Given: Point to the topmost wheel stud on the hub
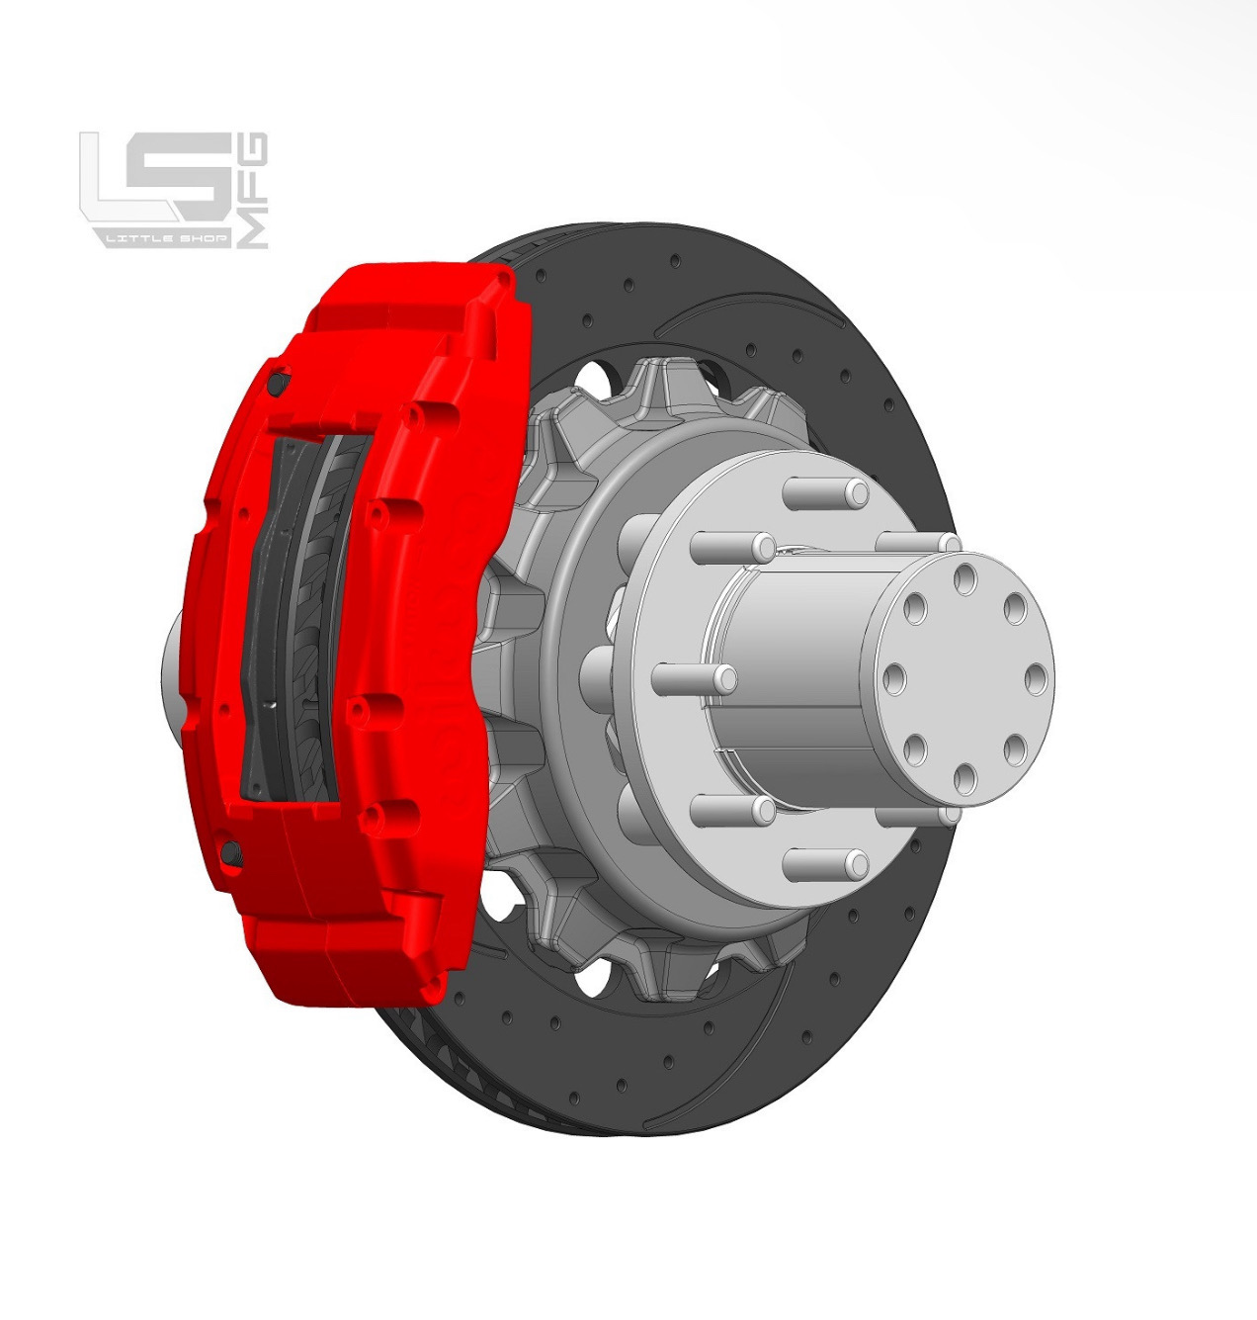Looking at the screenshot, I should (x=828, y=490).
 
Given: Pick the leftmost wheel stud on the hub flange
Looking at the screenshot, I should (x=695, y=678).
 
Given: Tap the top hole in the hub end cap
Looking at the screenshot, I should (x=965, y=577).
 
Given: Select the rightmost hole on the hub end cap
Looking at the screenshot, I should (x=1036, y=679).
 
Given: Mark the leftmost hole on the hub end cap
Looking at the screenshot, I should (x=895, y=679).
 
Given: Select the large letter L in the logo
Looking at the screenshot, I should (x=114, y=178).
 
